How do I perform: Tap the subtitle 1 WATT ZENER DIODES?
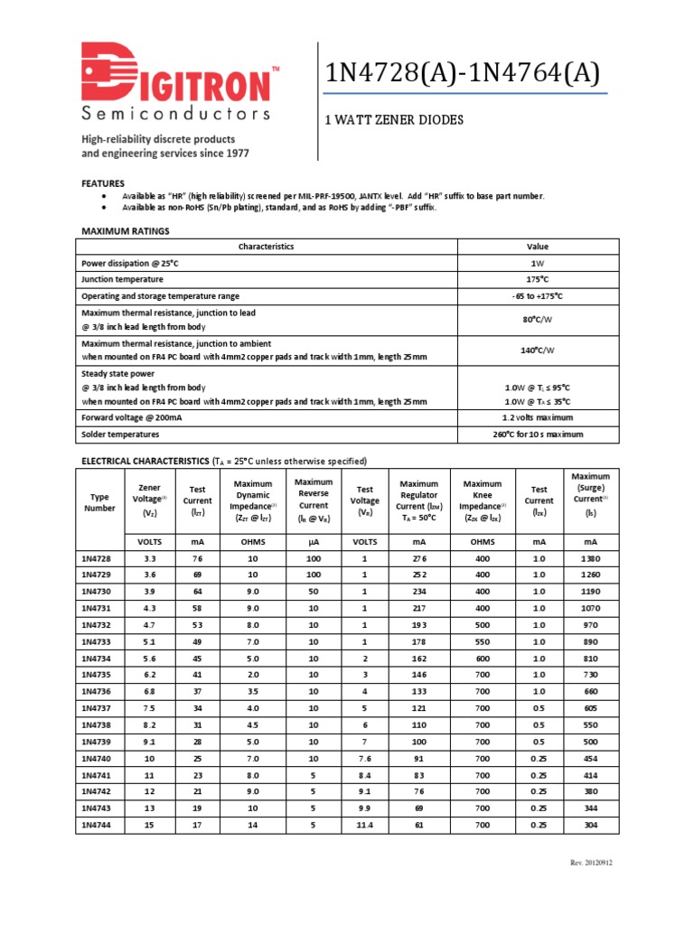[x=393, y=119]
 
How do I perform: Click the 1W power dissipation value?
[x=538, y=263]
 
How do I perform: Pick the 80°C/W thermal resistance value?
[x=538, y=319]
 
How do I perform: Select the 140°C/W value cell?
[x=538, y=350]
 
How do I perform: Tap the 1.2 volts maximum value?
[x=538, y=417]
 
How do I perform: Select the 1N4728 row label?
[x=98, y=558]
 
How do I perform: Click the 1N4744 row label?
[x=98, y=826]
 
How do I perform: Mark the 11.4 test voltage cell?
[x=364, y=826]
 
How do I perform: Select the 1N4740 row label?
[x=98, y=759]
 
